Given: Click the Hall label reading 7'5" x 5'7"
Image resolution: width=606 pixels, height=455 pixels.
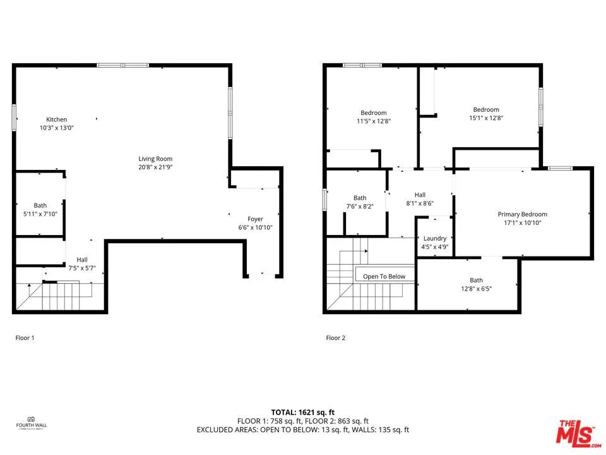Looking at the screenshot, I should click(82, 264).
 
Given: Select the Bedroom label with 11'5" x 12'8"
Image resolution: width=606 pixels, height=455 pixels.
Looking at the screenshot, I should click(373, 117).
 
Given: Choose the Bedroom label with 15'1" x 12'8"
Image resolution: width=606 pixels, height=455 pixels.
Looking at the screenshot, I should click(485, 114).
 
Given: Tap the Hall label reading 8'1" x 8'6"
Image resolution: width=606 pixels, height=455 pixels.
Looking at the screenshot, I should click(420, 199).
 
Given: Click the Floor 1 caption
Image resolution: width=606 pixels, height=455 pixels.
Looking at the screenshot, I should click(25, 338).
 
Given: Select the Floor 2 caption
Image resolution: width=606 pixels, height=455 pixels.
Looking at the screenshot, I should click(335, 338).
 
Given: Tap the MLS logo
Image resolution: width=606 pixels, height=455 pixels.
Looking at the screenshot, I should click(574, 432).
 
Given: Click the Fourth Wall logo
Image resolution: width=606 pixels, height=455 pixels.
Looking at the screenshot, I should click(31, 421).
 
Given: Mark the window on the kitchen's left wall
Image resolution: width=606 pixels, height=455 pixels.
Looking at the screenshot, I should click(14, 118).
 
